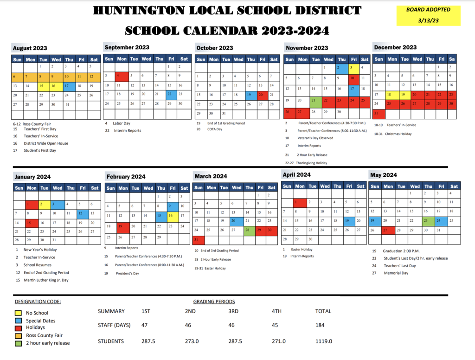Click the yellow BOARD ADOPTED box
(428, 16)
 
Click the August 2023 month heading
(30, 48)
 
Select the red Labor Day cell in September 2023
(122, 76)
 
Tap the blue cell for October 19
(250, 95)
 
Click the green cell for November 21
(315, 100)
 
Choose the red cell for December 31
(379, 113)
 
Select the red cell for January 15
(31, 223)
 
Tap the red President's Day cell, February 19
(123, 226)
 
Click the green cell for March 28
(249, 230)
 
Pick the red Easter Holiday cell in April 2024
(300, 202)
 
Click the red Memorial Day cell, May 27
(388, 230)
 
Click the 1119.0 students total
(323, 341)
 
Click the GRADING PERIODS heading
(214, 302)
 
